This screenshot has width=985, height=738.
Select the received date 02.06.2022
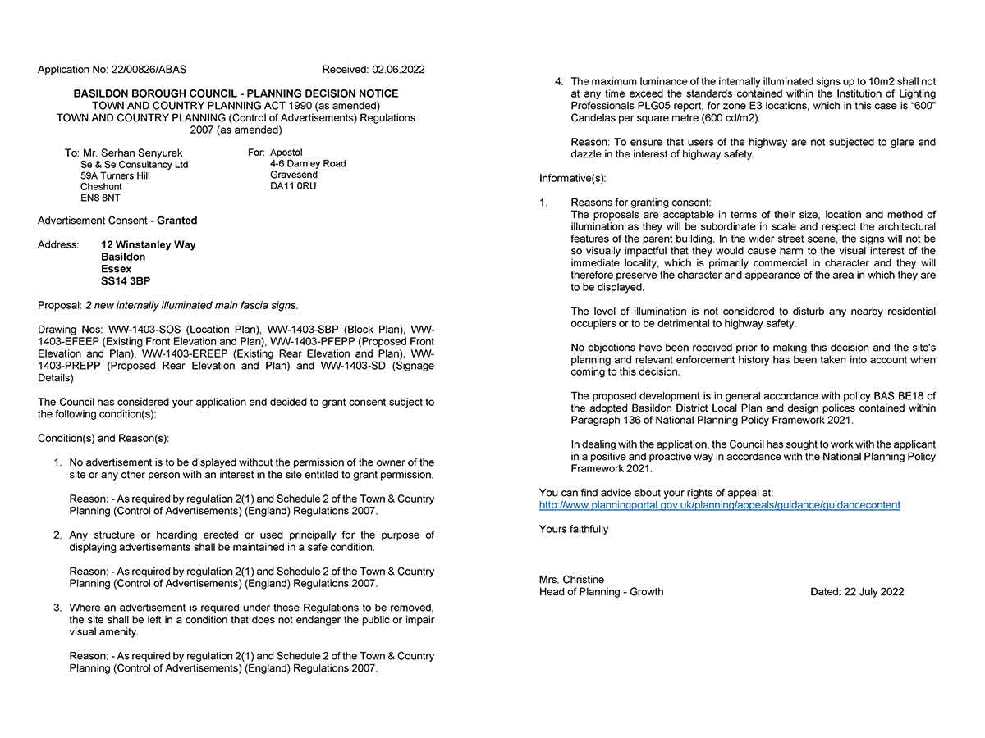point(398,70)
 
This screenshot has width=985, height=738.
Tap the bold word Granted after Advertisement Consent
point(177,221)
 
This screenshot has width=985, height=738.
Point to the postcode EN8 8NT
point(100,198)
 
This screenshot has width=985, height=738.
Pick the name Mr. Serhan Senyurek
point(133,153)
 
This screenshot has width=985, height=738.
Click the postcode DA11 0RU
point(293,186)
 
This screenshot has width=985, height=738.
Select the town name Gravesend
point(294,175)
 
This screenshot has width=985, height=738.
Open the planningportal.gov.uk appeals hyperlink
point(719,505)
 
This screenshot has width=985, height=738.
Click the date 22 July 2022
point(873,592)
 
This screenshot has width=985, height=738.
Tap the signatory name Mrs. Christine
point(571,580)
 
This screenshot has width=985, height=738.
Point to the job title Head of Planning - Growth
point(601,592)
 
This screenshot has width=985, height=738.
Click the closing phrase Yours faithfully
point(574,529)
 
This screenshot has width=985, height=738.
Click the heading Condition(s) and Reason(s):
point(103,439)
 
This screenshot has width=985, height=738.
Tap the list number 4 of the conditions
point(559,82)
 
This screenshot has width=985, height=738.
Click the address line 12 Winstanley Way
point(149,244)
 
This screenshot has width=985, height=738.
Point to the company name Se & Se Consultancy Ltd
point(134,165)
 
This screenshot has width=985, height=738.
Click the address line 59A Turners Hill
point(115,175)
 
